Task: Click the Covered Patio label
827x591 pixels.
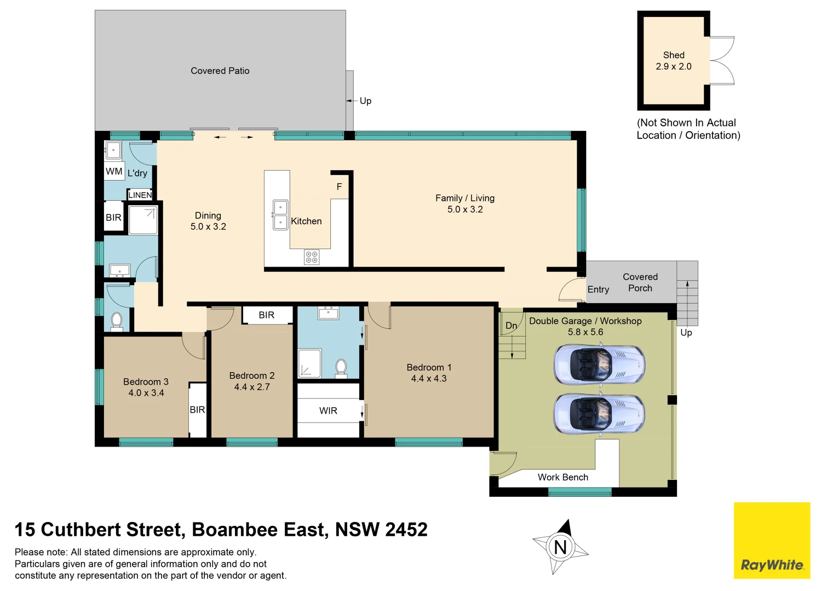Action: (x=220, y=71)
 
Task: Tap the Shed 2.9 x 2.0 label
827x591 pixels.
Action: (x=673, y=61)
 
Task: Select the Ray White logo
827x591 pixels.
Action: (x=772, y=541)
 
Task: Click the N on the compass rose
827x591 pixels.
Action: (x=560, y=547)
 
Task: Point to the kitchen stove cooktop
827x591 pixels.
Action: (x=312, y=257)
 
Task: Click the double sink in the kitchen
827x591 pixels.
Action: (x=280, y=215)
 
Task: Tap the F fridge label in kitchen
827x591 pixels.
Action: (x=339, y=187)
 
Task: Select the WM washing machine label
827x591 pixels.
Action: (x=114, y=171)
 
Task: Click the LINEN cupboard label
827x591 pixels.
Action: (x=140, y=195)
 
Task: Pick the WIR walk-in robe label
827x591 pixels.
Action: (x=328, y=410)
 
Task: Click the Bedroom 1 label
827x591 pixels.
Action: (x=429, y=367)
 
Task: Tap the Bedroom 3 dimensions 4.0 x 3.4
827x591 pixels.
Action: (x=146, y=393)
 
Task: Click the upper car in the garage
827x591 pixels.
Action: (x=599, y=364)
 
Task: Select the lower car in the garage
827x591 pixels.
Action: (x=599, y=414)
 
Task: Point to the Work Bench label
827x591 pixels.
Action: (x=562, y=477)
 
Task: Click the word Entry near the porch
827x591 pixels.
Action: (x=598, y=289)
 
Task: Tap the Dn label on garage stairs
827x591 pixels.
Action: (x=511, y=326)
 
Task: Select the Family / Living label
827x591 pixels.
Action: (x=464, y=198)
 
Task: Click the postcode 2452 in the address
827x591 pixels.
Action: (x=406, y=529)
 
